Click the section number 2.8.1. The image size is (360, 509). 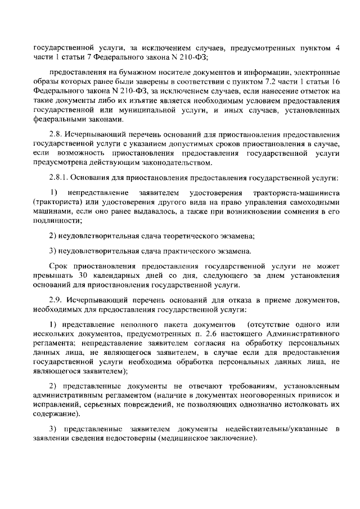[x=60, y=178]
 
